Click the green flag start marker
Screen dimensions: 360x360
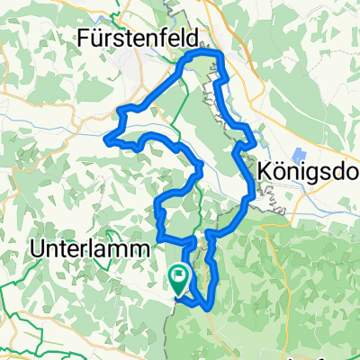(x=179, y=281)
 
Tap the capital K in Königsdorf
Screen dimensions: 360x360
(x=264, y=170)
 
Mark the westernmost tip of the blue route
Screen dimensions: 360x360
(x=106, y=139)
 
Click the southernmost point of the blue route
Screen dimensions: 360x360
(x=210, y=308)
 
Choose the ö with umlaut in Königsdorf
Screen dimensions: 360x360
(x=279, y=170)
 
